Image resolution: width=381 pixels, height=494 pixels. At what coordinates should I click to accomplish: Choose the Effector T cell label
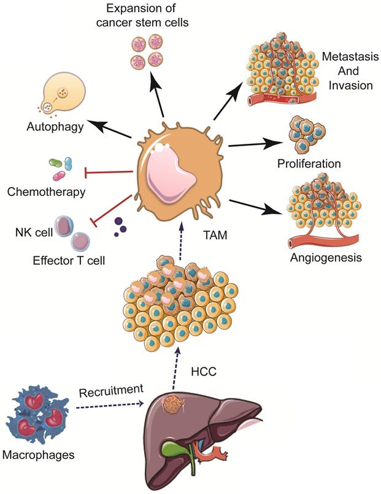(69, 261)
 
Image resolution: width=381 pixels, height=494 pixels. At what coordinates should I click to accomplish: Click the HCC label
(202, 370)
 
